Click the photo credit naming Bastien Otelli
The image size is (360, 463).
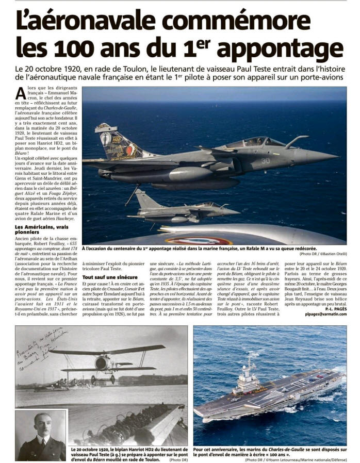pyautogui.click(x=323, y=254)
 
